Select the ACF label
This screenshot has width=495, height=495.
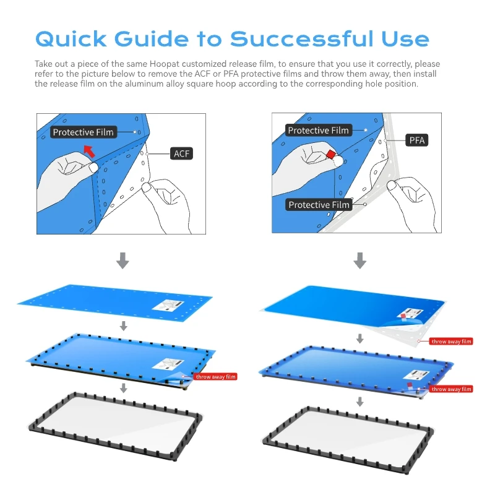pos(181,153)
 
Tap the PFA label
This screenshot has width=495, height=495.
pos(417,140)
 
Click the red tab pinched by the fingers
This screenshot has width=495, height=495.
pos(331,154)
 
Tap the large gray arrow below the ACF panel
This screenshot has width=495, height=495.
pos(123,260)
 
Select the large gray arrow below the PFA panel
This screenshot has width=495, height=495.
pos(359,260)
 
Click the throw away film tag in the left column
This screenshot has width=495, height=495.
pos(215,376)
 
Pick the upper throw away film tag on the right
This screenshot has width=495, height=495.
pos(452,341)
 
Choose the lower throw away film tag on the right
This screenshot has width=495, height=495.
pos(452,389)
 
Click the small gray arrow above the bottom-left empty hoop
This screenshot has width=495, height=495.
pos(124,388)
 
